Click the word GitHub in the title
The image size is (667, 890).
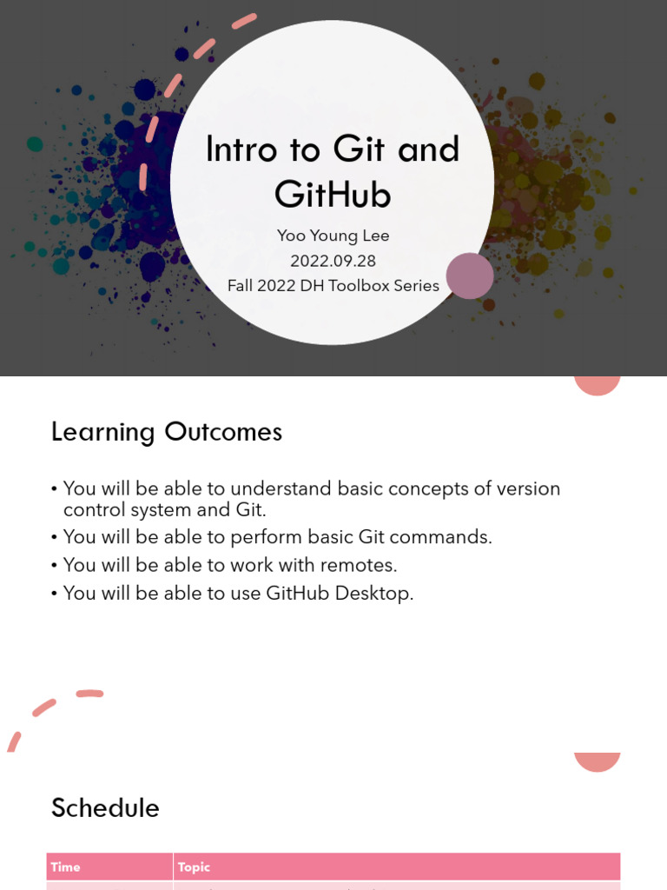333,195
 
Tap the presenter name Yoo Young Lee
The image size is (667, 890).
333,236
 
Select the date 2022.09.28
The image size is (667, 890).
333,261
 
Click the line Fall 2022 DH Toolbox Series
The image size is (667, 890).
333,285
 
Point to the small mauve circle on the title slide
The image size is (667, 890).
470,276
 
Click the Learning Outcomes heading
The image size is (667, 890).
167,432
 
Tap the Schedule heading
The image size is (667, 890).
105,808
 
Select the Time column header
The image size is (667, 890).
65,867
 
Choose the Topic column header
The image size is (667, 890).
194,867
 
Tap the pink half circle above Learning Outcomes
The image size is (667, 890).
597,385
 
